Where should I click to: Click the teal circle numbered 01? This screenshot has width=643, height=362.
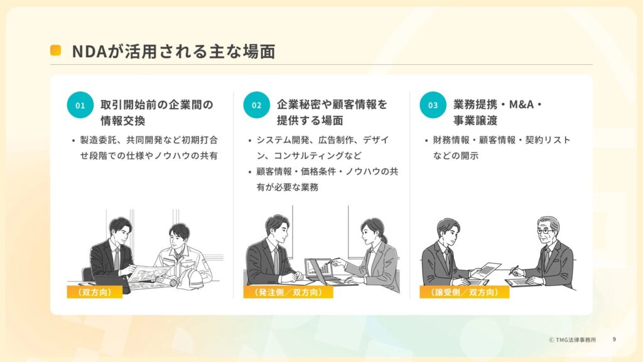pyautogui.click(x=80, y=105)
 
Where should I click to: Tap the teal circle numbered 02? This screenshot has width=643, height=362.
pyautogui.click(x=256, y=105)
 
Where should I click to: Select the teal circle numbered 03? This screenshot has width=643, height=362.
pyautogui.click(x=433, y=105)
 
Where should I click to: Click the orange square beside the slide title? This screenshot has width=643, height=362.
pyautogui.click(x=55, y=50)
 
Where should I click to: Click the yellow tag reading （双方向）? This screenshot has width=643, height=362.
pyautogui.click(x=95, y=292)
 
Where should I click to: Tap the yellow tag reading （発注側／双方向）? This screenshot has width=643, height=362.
pyautogui.click(x=288, y=292)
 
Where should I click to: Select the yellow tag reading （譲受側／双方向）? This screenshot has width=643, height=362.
pyautogui.click(x=464, y=292)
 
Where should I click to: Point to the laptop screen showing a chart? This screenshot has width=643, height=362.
pyautogui.click(x=318, y=268)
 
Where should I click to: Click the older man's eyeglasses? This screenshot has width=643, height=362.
pyautogui.click(x=546, y=231)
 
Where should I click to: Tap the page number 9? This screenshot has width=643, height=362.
pyautogui.click(x=614, y=339)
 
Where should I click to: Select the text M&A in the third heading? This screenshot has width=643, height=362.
pyautogui.click(x=522, y=105)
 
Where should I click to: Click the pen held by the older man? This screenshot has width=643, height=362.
pyautogui.click(x=514, y=270)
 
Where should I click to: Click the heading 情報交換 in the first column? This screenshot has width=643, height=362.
pyautogui.click(x=123, y=121)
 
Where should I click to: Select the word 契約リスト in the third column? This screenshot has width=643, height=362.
pyautogui.click(x=548, y=140)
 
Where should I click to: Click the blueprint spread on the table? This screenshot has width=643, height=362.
pyautogui.click(x=149, y=275)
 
